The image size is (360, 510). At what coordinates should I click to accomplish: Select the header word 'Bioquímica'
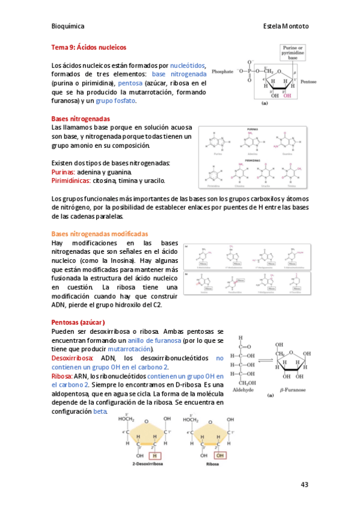[68, 26]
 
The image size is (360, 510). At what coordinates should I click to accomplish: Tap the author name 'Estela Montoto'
[285, 26]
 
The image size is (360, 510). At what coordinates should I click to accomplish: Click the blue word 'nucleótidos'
[188, 65]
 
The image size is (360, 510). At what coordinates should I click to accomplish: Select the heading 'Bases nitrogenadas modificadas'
[100, 233]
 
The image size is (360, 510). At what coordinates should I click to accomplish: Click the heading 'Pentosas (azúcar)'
[79, 322]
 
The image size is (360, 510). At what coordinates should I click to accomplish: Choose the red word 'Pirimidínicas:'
[72, 180]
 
